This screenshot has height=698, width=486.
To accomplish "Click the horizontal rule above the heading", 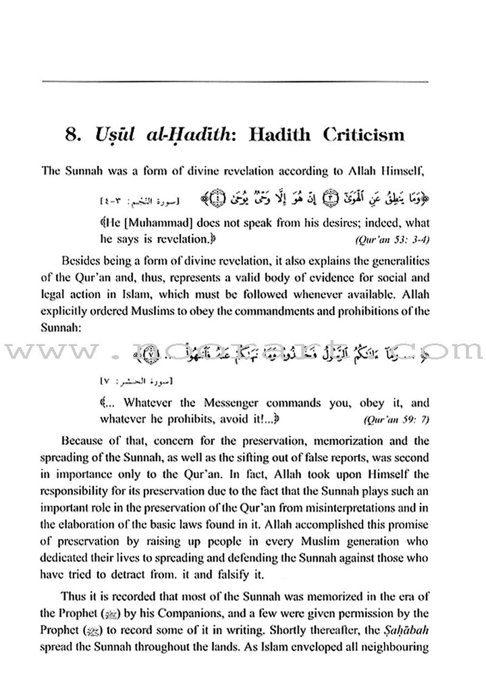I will tap(243, 82).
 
